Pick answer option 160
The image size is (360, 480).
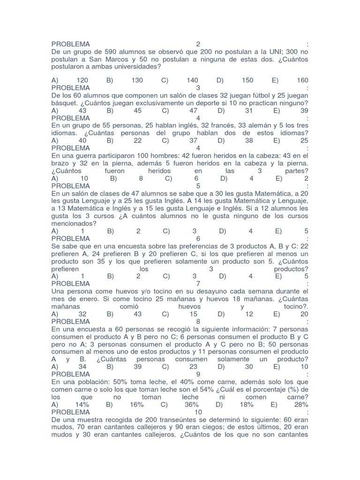(302, 81)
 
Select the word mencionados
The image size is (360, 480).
(73, 223)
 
